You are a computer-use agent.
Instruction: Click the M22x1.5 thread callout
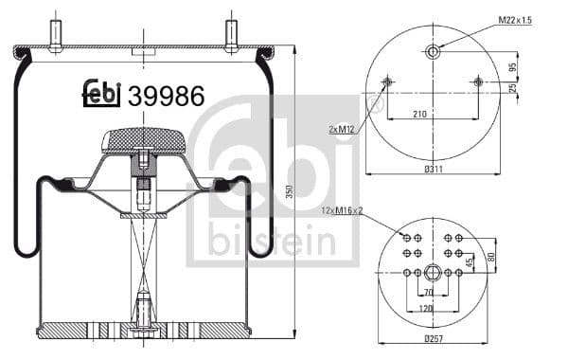pos(520,20)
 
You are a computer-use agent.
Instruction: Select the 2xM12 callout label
pos(343,129)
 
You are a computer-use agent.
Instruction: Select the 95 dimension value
pos(512,67)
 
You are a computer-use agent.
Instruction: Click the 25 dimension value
pos(512,89)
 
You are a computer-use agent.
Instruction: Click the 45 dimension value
pos(470,262)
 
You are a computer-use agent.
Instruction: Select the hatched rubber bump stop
pos(143,141)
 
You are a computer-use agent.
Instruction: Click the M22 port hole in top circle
pos(433,51)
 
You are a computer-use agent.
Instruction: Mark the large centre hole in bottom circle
pos(433,273)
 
